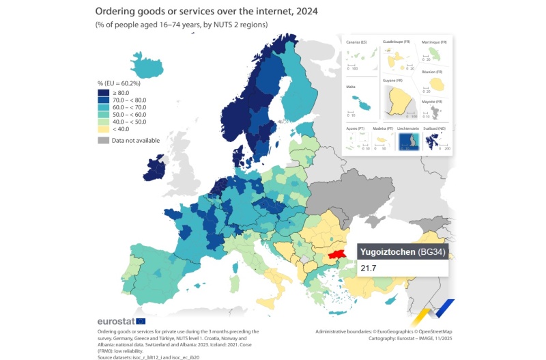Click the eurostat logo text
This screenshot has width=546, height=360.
[116, 321]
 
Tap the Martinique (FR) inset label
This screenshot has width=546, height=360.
[434, 42]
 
